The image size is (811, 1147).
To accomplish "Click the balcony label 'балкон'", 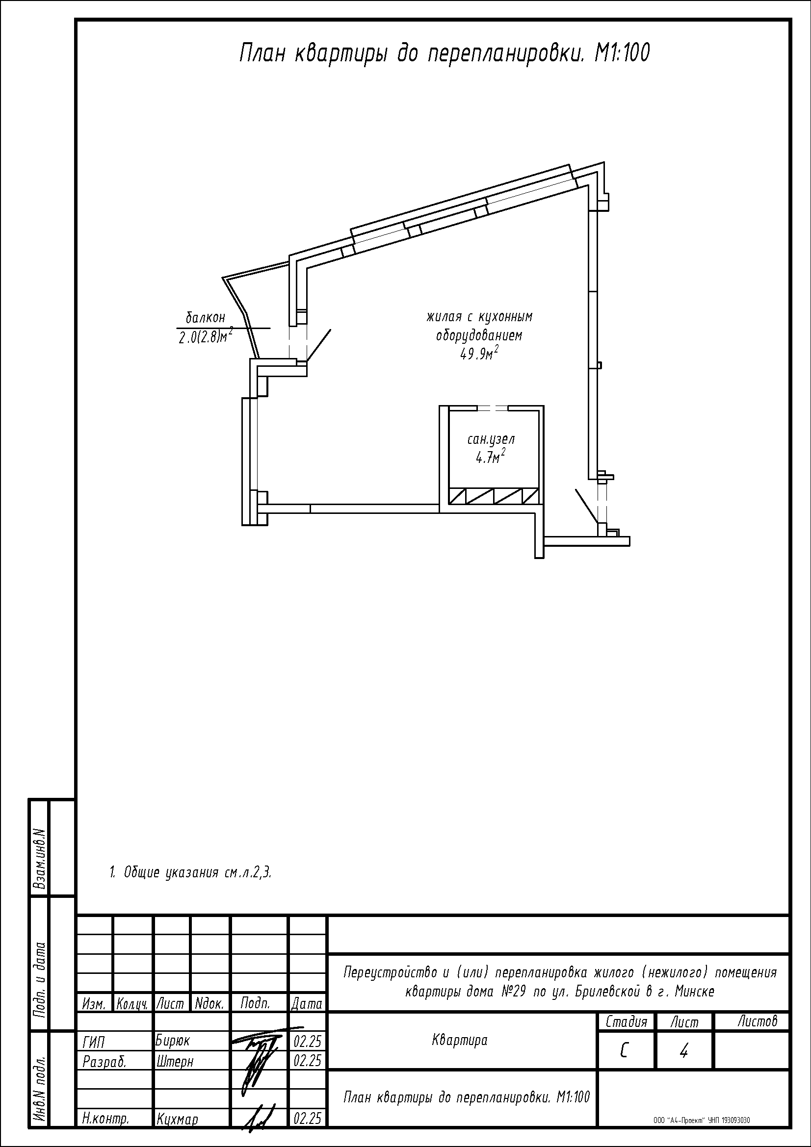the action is pos(206,317).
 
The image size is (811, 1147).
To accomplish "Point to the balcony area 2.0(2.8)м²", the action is pos(206,337).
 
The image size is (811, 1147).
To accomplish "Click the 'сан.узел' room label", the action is pos(491,439).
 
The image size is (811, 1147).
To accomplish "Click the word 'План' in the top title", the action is pos(262,53).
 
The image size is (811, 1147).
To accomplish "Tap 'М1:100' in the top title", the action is pos(622,53).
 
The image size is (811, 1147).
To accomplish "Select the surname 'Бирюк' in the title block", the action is pos(172,1041).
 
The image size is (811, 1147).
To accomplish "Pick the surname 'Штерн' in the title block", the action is pos(174,1061).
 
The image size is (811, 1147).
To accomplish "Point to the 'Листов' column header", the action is pos(758,1021).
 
